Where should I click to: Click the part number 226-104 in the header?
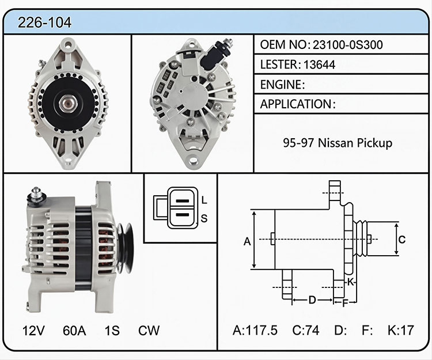click(44, 22)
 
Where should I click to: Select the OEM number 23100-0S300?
click(347, 44)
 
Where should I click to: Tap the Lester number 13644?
click(319, 65)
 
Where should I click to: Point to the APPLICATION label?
click(296, 104)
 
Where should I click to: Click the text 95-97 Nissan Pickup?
click(338, 143)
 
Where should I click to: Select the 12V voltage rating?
click(33, 330)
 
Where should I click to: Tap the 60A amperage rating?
click(74, 330)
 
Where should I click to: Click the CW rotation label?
click(149, 330)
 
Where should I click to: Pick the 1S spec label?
click(112, 330)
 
